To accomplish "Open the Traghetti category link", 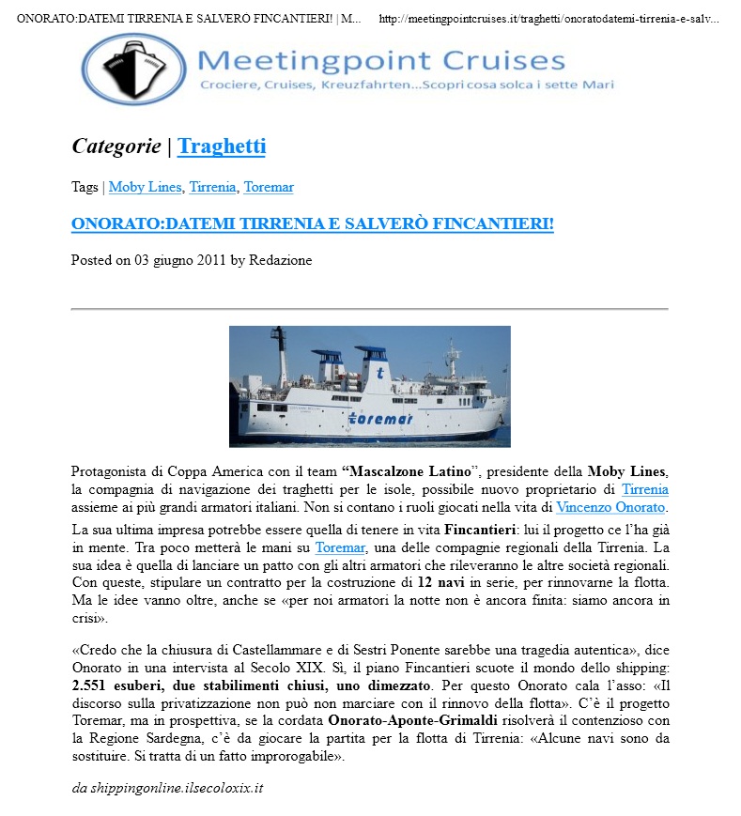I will tap(222, 146).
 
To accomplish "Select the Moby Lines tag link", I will tap(145, 187).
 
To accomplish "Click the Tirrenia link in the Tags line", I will tap(212, 187).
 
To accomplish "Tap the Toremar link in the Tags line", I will tap(269, 187).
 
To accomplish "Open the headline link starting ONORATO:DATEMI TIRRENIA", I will tap(313, 224).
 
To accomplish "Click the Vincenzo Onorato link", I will tap(610, 507).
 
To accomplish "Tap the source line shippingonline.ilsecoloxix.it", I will tap(167, 788).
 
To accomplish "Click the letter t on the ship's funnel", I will tap(378, 373).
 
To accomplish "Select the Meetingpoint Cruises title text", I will tap(382, 61).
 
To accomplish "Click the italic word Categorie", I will tap(116, 146).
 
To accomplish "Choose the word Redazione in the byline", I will tap(280, 260).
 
